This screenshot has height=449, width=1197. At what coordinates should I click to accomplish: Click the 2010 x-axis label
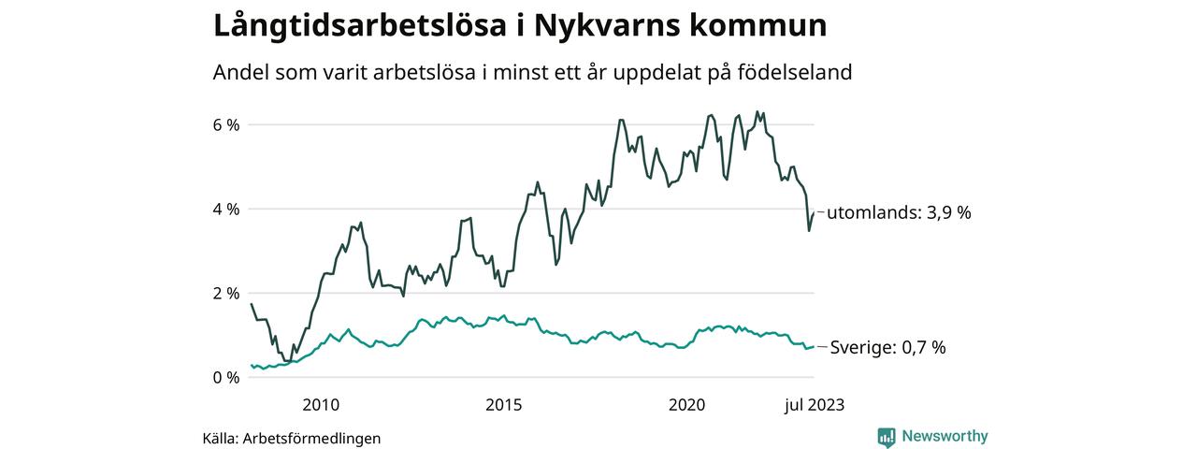320,404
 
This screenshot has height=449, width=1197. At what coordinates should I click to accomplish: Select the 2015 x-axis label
503,404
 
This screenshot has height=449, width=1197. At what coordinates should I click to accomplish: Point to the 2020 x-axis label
686,404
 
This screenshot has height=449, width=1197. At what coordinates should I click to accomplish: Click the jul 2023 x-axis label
813,404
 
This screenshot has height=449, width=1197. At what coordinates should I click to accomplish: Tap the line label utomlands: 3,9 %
899,213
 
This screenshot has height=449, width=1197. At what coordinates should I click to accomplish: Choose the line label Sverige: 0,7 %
888,348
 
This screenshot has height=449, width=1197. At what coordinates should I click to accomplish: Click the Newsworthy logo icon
887,437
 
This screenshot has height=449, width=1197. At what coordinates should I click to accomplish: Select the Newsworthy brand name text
945,437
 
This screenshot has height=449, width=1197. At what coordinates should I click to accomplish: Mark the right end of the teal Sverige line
814,347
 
